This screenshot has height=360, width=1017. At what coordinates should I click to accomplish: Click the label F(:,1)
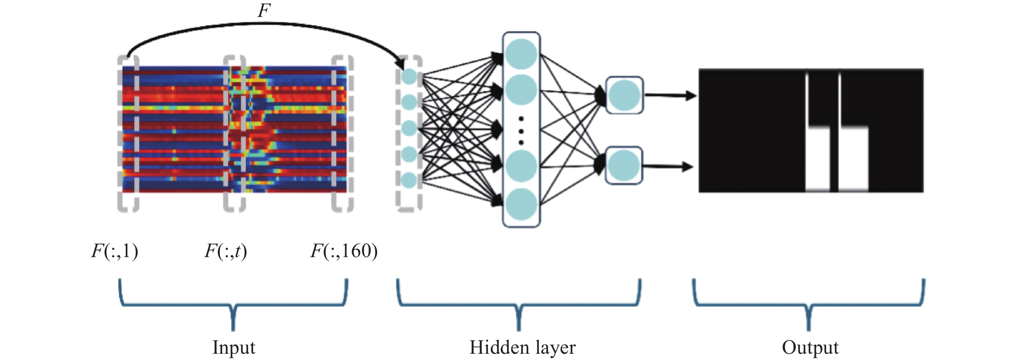(x=114, y=251)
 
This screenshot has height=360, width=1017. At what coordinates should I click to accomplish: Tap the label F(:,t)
(x=225, y=251)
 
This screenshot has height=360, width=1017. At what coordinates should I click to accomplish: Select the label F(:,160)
(x=344, y=251)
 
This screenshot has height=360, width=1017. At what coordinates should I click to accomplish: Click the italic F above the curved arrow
(x=264, y=10)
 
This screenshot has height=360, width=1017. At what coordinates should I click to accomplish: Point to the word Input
(x=234, y=348)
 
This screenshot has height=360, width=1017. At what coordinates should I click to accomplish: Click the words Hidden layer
(x=522, y=348)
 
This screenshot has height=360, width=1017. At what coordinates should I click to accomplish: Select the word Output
(x=810, y=348)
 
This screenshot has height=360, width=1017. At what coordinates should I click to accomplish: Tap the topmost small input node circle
(x=409, y=77)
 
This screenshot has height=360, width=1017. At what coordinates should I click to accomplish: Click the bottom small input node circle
(x=409, y=180)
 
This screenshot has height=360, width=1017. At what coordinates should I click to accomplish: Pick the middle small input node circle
(x=409, y=128)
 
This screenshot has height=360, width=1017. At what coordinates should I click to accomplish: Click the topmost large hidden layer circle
(x=521, y=55)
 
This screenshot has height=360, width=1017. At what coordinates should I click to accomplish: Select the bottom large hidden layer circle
(x=521, y=204)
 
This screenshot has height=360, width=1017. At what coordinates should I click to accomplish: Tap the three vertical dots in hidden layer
(x=521, y=130)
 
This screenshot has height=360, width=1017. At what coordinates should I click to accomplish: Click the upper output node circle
(x=624, y=95)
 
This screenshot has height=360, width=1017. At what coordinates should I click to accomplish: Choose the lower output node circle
(x=624, y=165)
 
